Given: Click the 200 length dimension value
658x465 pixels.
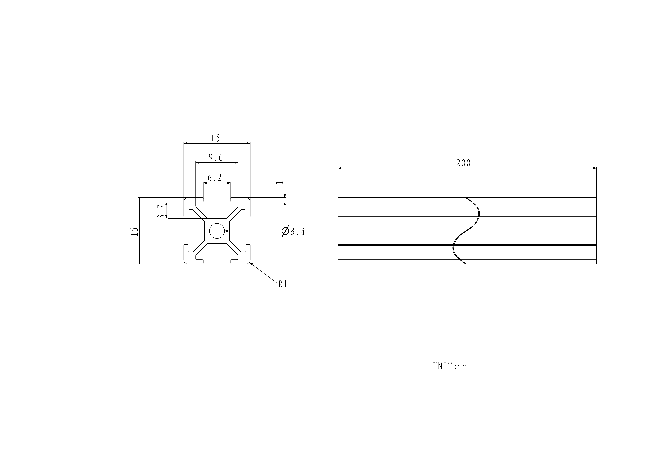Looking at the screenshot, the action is (x=463, y=163).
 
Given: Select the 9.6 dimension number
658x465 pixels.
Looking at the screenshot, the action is (x=216, y=158).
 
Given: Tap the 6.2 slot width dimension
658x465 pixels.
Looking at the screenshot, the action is (x=215, y=178).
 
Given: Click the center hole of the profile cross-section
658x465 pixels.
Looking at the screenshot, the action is (x=217, y=231).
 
